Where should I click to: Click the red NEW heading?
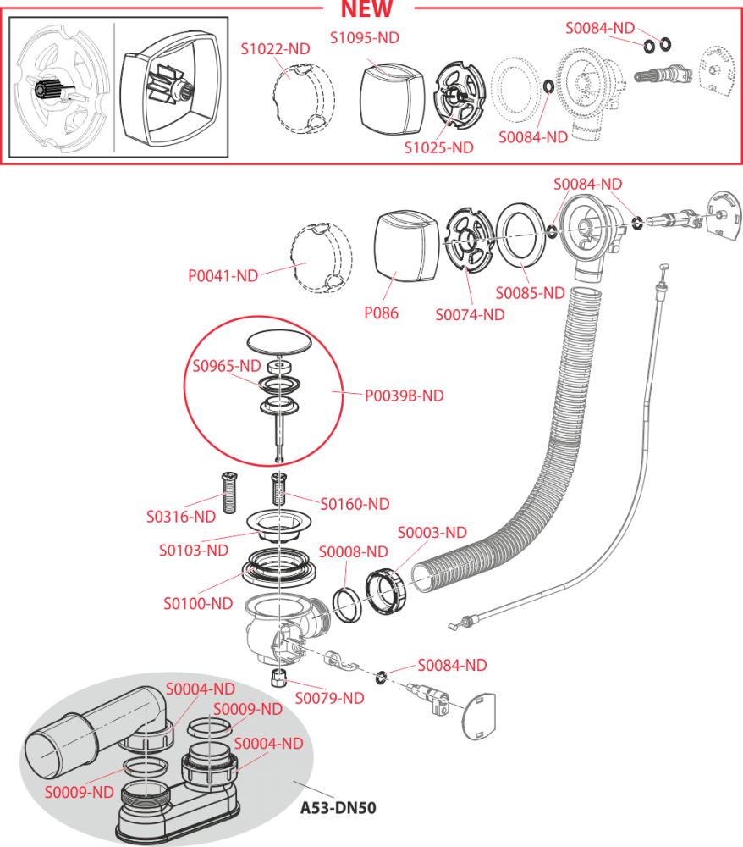tap(366, 10)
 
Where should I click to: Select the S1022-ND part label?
tap(275, 49)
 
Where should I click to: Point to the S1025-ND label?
tap(438, 147)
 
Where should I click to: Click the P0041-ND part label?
tap(223, 275)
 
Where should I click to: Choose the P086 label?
tap(382, 313)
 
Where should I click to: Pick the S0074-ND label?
tap(470, 315)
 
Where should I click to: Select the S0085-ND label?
tap(530, 293)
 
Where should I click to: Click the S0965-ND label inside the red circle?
tap(226, 366)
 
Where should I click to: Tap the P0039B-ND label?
tap(404, 396)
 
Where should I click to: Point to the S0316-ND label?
tap(180, 516)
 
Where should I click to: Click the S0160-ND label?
tap(355, 504)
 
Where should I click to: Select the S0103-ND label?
tap(193, 551)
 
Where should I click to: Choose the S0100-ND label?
tap(197, 604)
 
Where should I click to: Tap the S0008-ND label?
tap(353, 552)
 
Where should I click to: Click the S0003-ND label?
tap(432, 533)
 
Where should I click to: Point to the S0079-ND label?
tap(329, 698)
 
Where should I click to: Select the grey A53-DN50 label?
tap(338, 807)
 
